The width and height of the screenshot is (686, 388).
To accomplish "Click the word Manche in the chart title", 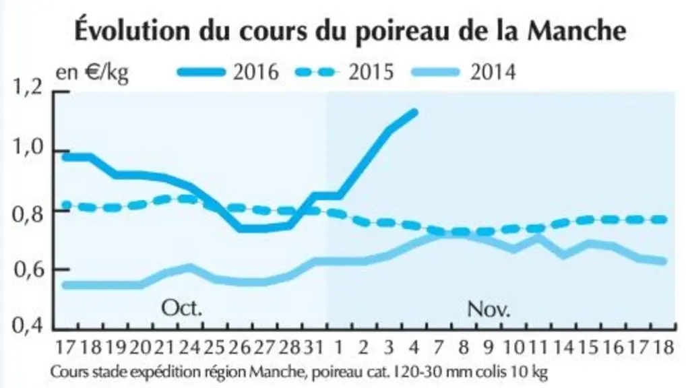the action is [577, 30].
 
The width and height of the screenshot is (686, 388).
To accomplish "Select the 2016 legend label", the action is [256, 71].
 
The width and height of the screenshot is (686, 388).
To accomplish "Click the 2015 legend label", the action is [371, 71].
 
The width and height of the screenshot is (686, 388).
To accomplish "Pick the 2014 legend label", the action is [493, 71].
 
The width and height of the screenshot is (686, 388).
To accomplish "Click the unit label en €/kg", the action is [92, 73].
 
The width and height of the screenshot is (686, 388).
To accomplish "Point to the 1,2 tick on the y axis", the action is [28, 88].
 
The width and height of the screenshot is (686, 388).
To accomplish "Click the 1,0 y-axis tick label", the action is [28, 148].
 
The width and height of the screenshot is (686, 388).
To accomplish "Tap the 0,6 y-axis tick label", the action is [29, 270].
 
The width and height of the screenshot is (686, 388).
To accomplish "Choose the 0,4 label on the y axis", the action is [28, 326].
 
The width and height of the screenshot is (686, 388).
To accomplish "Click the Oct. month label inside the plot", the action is [182, 308].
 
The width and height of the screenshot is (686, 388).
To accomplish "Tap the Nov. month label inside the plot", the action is [489, 309].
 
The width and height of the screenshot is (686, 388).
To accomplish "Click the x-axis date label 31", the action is [314, 348].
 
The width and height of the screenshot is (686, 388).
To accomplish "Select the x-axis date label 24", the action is [189, 348].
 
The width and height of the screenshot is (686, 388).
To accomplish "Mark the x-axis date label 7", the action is [439, 348].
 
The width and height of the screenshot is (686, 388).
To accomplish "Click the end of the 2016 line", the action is [414, 112].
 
